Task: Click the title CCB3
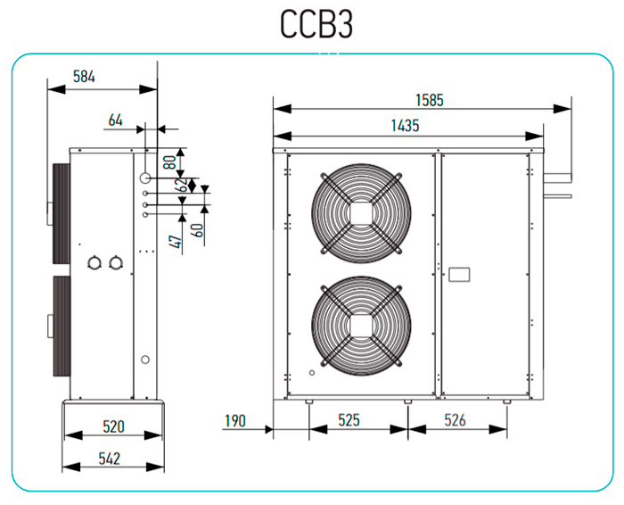point(317,24)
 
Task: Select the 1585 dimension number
point(428,99)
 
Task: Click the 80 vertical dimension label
point(168,163)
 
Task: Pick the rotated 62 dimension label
point(182,186)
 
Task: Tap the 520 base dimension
point(112,426)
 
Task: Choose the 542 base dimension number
point(112,459)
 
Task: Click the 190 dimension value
point(234,420)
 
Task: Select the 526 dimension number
point(456,420)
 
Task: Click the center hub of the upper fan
point(359,213)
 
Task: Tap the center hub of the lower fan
point(359,322)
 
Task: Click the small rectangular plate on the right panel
point(460,274)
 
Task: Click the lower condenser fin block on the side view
point(61,326)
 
